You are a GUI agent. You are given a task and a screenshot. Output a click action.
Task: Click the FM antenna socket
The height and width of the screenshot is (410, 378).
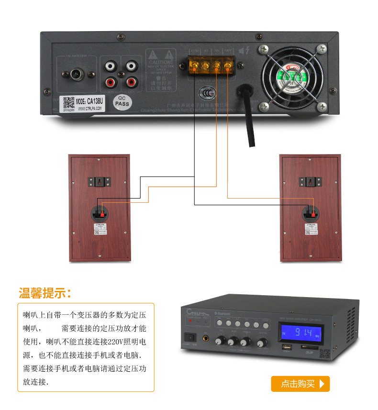pos(76,75)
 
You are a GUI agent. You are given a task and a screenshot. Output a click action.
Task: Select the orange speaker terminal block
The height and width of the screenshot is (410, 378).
pos(210,64)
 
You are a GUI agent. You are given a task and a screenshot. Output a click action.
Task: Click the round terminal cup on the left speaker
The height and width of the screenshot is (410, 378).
pos(100,213)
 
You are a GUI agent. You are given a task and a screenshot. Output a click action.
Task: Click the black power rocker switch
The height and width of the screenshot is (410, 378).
pos(192,338)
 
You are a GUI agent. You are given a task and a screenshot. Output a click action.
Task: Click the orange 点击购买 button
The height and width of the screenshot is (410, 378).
pos(300,384)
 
